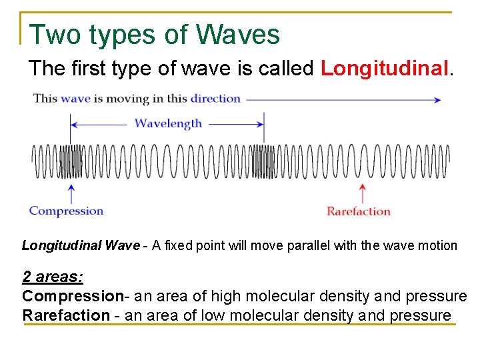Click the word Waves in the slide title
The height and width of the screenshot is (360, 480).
pos(238,35)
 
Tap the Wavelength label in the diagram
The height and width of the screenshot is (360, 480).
pos(168,123)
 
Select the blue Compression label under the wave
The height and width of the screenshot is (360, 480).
pos(66,211)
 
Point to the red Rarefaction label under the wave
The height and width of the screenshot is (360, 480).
pos(359,211)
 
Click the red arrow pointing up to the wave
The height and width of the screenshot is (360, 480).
pos(362,193)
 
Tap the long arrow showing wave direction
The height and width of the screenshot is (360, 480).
pos(343,99)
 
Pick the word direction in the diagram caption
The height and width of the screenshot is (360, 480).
pos(215,99)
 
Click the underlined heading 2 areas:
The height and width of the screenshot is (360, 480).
pos(53,277)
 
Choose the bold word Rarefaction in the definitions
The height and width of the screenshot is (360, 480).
pos(65,315)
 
